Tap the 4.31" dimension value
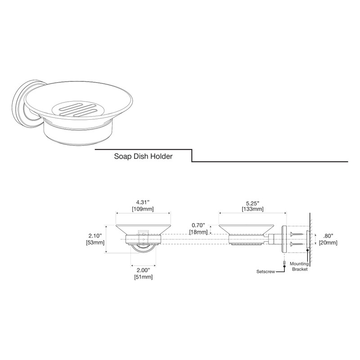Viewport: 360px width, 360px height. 144,202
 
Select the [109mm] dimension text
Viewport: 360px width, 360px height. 144,209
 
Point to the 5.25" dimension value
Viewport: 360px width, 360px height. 252,202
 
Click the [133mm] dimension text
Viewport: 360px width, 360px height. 252,209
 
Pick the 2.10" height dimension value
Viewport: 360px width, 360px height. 95,236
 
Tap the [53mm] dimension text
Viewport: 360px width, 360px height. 95,243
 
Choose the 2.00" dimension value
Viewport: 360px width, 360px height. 143,270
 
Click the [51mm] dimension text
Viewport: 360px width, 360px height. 143,277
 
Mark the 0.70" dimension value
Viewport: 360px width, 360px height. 198,225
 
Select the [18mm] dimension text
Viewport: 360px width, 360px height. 198,232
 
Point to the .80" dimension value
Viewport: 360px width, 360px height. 328,236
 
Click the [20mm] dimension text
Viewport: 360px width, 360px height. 328,243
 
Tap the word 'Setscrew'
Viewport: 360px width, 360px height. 265,272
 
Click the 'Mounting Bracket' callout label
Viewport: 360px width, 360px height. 299,266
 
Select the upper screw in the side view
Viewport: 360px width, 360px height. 297,234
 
